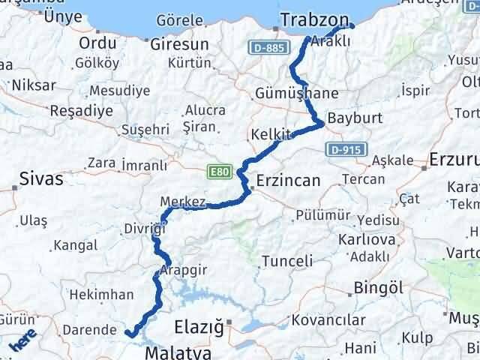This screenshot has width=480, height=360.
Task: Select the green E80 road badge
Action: tap(219, 172)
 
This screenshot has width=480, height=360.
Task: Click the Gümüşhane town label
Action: tap(296, 94)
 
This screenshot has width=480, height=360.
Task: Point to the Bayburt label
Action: tap(355, 118)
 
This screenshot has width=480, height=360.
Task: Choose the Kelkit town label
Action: tap(271, 135)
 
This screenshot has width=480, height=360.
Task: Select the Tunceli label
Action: tap(287, 262)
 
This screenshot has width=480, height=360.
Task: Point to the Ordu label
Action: tap(97, 42)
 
